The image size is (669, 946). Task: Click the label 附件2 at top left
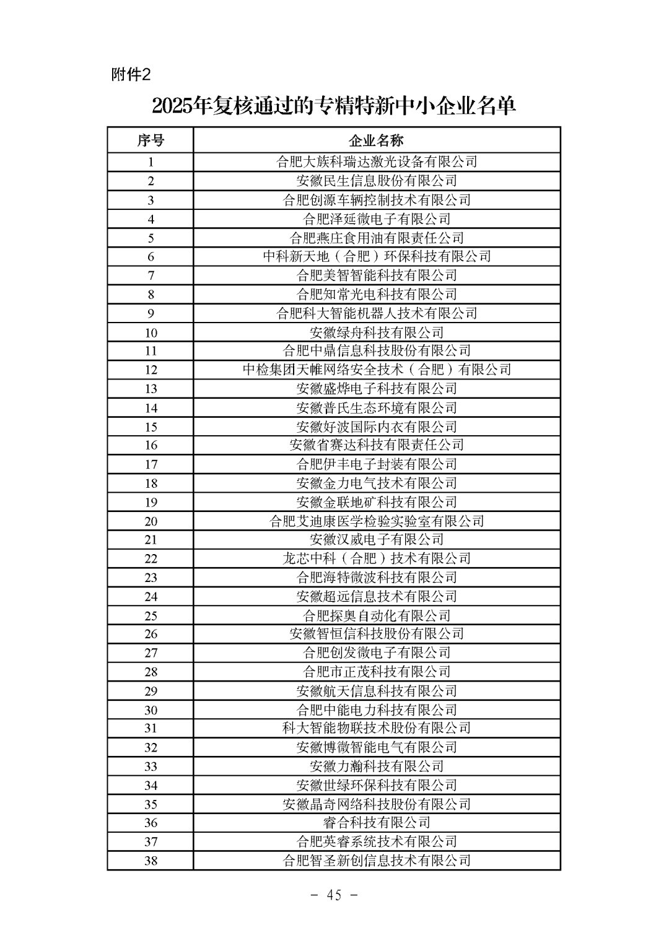(131, 75)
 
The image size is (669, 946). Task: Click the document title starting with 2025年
(334, 106)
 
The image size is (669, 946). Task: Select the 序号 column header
(151, 141)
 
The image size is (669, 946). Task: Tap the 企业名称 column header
(377, 141)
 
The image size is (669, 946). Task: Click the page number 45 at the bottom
(334, 895)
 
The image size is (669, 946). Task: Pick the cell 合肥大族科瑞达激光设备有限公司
(377, 162)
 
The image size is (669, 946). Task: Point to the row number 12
(151, 370)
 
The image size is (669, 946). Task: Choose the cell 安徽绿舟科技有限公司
(377, 332)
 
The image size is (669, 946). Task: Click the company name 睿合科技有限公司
(377, 823)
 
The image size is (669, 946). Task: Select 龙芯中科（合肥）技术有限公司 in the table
(377, 558)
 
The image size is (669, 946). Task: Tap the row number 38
(151, 861)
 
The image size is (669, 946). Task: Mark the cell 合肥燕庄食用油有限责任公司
(377, 238)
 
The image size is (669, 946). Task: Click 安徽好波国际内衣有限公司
(377, 427)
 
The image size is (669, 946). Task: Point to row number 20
(151, 521)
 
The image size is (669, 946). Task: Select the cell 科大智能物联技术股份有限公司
(377, 728)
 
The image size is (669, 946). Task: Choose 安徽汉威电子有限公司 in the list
(377, 540)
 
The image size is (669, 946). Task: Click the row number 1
(151, 162)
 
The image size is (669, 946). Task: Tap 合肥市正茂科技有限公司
(377, 672)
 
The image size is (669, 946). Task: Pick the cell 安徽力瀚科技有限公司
(377, 766)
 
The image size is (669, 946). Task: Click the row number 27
(151, 653)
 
